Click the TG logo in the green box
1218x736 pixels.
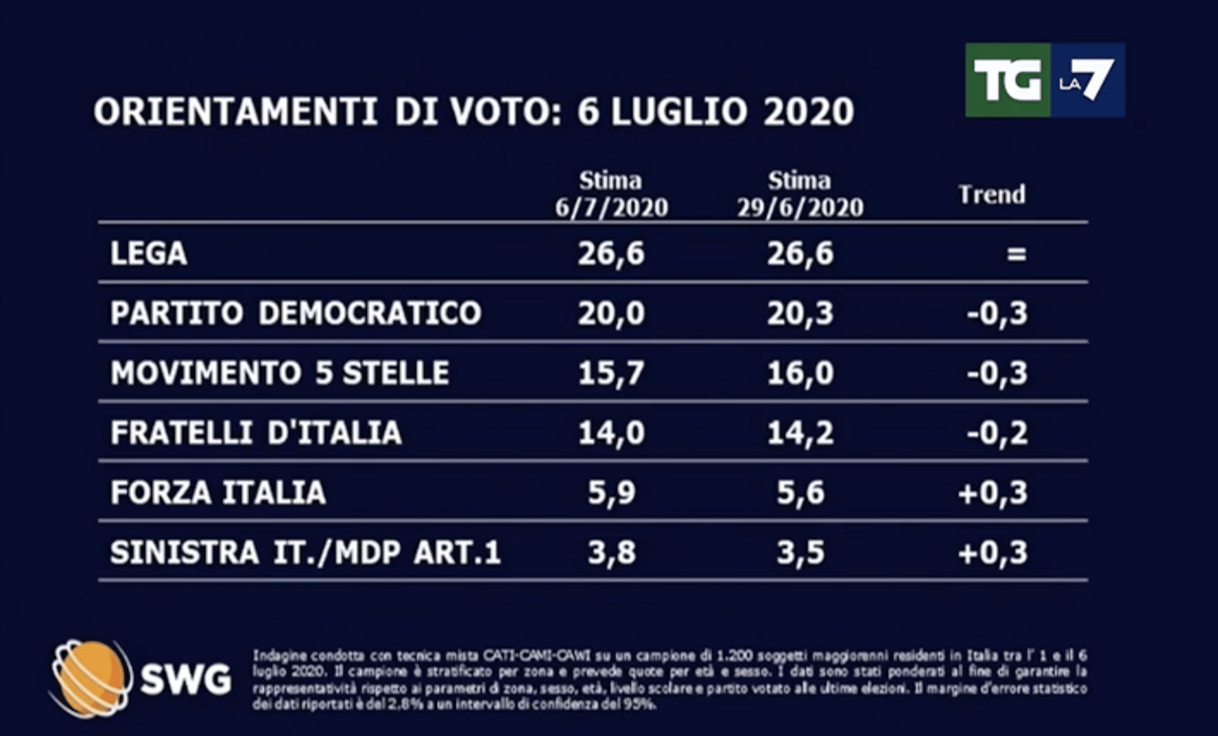point(1007,80)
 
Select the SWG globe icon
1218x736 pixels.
point(89,678)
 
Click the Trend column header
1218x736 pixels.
point(992,195)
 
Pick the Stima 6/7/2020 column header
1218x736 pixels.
point(611,194)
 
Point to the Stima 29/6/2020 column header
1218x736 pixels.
point(800,194)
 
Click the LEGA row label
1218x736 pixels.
point(149,254)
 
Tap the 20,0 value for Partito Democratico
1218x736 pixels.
point(611,314)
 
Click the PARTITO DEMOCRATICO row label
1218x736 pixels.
point(296,314)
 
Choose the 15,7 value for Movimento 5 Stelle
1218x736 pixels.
point(611,373)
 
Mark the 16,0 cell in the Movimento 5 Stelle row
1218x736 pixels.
point(800,373)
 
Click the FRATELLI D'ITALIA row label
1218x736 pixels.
point(256,433)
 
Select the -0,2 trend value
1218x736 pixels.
point(997,433)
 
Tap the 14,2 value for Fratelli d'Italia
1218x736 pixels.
point(800,433)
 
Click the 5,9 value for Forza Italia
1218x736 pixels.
point(611,493)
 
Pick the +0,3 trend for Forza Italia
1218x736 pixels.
point(993,493)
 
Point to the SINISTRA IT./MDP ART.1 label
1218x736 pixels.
point(305,553)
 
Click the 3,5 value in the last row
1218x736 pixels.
point(800,553)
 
